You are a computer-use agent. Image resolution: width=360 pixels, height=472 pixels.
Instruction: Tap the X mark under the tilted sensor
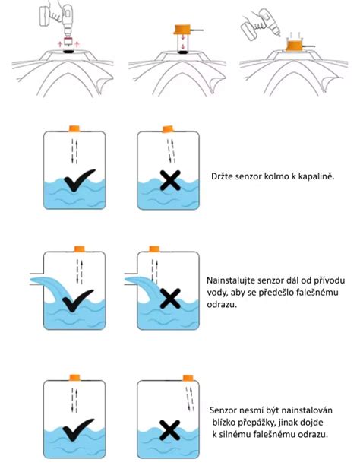click(x=170, y=181)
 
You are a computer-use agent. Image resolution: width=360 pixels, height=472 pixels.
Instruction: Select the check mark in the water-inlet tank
click(x=77, y=300)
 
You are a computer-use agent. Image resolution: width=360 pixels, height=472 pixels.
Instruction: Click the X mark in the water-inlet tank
click(x=170, y=299)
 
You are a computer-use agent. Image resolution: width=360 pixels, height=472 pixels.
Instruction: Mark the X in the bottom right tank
click(x=169, y=430)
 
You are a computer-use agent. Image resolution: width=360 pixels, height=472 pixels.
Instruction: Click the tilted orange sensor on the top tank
click(x=169, y=129)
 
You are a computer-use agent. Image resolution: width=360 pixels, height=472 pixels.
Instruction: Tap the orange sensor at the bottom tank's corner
click(x=188, y=378)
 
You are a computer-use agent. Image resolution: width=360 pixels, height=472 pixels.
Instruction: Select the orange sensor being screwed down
click(x=295, y=46)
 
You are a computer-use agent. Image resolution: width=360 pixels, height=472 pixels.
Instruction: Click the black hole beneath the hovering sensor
click(x=182, y=52)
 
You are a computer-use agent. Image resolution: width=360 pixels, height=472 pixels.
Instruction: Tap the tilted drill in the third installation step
click(x=261, y=24)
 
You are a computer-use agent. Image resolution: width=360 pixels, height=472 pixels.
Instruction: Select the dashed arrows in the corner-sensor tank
click(x=190, y=399)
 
